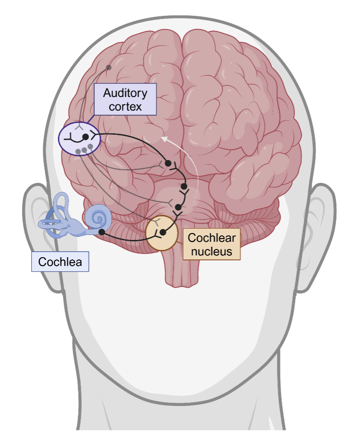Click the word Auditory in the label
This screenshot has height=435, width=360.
point(125,93)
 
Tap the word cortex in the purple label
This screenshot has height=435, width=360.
point(125,107)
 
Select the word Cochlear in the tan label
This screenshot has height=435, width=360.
point(212,237)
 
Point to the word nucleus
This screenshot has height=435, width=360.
point(212,251)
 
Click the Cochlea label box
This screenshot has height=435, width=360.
point(60,262)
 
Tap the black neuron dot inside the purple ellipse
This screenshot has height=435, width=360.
point(86,137)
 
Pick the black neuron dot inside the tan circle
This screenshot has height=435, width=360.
point(163,232)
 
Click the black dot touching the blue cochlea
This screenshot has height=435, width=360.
point(102,232)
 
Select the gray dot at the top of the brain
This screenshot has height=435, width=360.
point(109,68)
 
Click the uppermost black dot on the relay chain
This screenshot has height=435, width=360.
point(168,163)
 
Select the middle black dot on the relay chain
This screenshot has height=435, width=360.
point(184,186)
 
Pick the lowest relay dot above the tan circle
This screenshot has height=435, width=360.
point(178,207)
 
